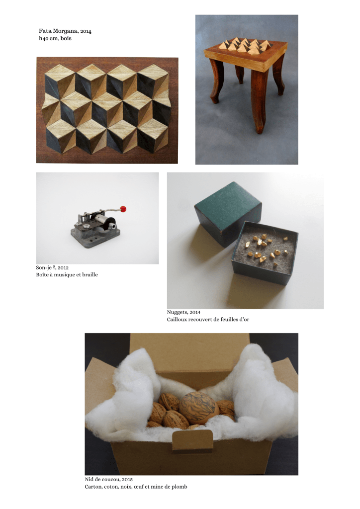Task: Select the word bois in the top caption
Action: (x=66, y=38)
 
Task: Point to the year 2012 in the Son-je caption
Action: (x=63, y=268)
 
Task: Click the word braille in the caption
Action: (x=90, y=274)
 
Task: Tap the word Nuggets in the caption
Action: (x=177, y=312)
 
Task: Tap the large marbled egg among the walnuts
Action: (x=195, y=408)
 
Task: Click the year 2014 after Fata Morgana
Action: (x=86, y=31)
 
